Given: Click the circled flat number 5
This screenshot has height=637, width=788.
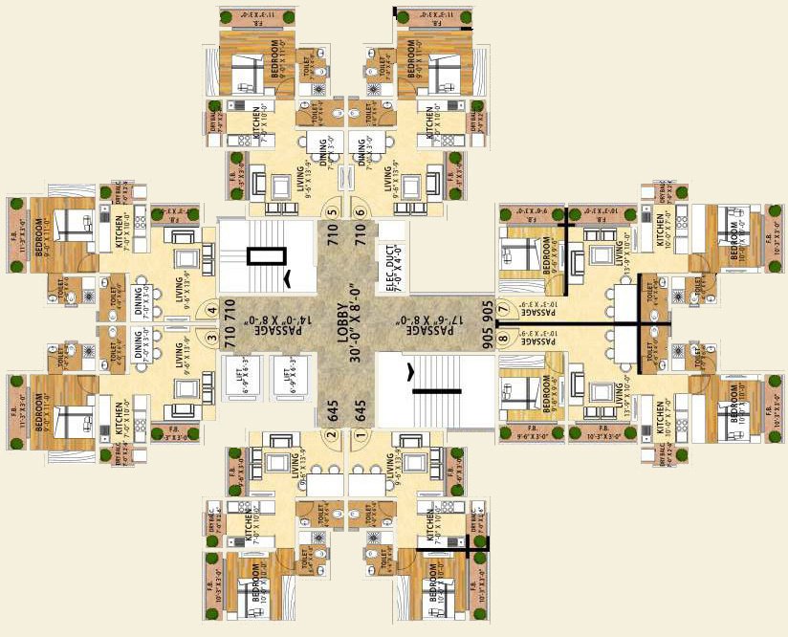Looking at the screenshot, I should (332, 212).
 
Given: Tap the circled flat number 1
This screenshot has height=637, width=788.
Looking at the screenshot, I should (360, 433).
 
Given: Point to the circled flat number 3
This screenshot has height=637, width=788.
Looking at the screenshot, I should (212, 336).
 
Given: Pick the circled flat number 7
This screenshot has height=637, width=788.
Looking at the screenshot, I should (501, 310).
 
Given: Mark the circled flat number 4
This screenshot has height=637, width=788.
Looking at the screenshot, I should (212, 310).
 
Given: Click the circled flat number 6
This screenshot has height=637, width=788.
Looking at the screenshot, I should (360, 212).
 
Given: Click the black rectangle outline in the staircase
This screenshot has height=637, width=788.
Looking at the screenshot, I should (267, 255).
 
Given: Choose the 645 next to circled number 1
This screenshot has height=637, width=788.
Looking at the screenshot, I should (360, 409).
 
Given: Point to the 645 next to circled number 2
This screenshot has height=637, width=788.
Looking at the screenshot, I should (332, 409).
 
